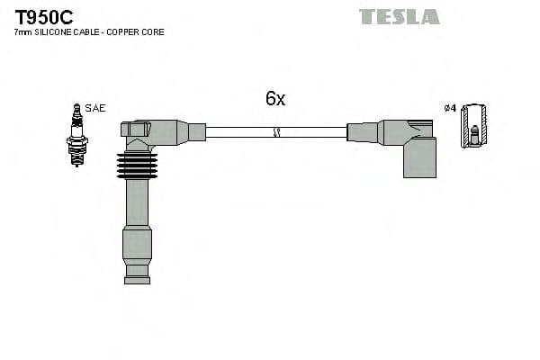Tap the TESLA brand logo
point(399,16)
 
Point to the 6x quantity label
point(275,99)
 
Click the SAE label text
point(96,108)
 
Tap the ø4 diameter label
point(450,109)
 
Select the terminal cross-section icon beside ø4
point(473,126)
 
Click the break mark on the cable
point(277,132)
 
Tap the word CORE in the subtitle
point(153,32)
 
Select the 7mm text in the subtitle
point(22,32)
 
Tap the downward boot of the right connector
point(419,160)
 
